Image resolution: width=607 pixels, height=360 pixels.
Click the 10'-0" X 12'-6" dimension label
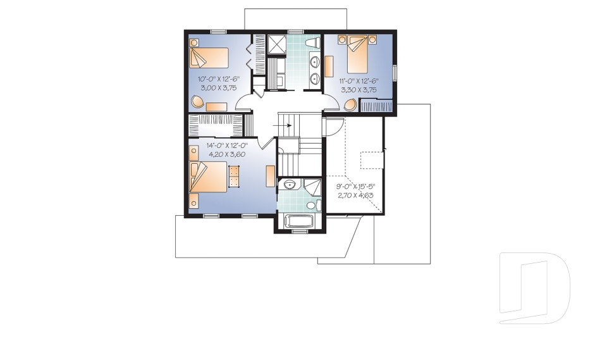tap(219, 79)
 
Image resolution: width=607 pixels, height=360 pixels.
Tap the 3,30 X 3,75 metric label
tap(359, 90)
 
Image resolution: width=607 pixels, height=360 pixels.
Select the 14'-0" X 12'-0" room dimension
tap(227, 146)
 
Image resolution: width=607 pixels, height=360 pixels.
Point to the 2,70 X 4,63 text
tap(355, 196)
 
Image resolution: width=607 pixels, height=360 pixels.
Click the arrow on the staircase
tap(282, 125)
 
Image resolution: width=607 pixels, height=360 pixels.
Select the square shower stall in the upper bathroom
tap(276, 43)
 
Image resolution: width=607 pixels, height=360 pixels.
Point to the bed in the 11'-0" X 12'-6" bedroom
tap(357, 54)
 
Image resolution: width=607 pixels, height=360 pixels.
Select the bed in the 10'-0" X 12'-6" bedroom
tap(209, 58)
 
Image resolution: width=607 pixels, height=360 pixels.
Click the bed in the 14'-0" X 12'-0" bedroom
tap(208, 177)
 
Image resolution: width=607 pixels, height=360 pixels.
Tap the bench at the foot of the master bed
tap(234, 177)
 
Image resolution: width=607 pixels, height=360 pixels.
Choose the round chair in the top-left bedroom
tap(197, 101)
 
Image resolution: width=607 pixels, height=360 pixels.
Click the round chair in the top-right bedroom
tap(350, 105)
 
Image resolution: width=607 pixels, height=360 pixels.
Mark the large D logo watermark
tap(535, 289)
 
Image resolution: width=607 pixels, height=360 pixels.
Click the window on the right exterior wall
tap(395, 73)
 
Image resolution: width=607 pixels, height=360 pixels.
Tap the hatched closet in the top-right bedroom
tap(376, 105)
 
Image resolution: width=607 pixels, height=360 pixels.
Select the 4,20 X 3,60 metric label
tap(227, 154)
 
